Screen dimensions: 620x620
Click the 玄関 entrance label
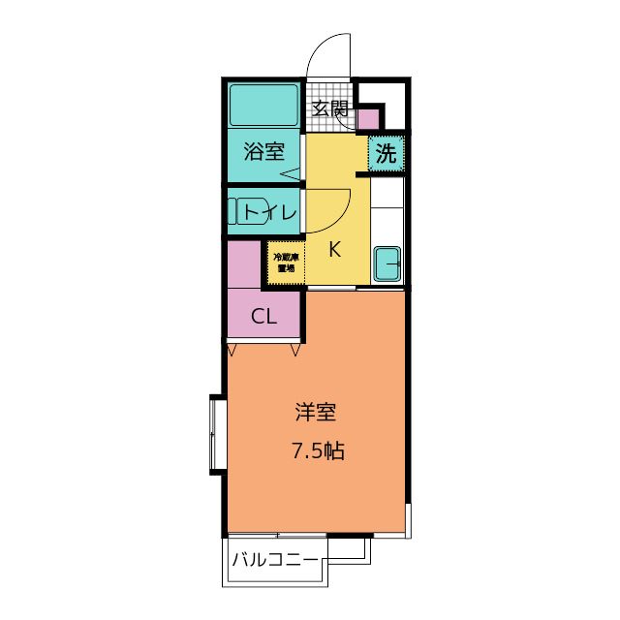pos(330,108)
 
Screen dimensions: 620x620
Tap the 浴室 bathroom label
pos(263,152)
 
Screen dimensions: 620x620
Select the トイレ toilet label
pos(269,211)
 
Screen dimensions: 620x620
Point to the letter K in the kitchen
pos(334,249)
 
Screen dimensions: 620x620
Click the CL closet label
pos(263,316)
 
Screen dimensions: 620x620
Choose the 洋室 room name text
pos(316,413)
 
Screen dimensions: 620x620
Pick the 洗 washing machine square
pos(386,153)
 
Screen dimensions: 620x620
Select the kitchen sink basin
pos(387,263)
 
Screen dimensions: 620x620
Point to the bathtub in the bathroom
pos(263,106)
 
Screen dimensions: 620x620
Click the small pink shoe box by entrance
pos(368,119)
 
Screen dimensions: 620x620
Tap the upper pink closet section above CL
pos(244,263)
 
